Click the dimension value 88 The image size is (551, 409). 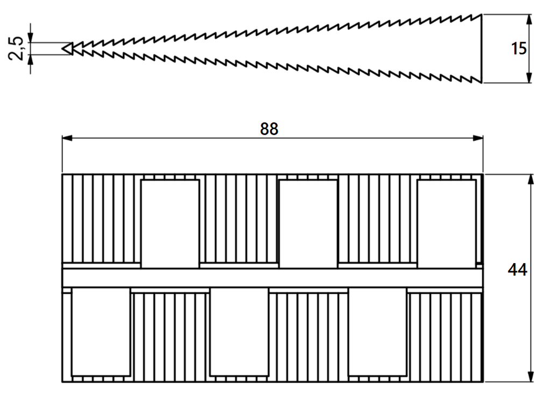[269, 129]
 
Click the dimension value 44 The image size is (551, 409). [517, 270]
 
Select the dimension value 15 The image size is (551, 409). [519, 48]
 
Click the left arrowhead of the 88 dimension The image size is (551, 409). [67, 138]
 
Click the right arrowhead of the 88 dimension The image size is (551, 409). [478, 138]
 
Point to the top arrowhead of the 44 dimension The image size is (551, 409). [531, 179]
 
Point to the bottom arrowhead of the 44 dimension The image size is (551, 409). [531, 376]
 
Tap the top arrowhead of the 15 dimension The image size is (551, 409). [529, 20]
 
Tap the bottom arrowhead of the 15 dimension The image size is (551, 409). [529, 77]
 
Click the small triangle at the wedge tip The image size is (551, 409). [68, 48]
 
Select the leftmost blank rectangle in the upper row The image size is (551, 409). [170, 224]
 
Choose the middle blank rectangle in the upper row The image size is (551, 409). [308, 224]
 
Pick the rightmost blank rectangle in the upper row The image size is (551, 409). [447, 224]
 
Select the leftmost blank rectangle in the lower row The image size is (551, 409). [101, 332]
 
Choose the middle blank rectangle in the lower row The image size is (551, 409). [239, 332]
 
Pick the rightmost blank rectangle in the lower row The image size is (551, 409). [378, 332]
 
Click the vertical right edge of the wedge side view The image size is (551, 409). [482, 48]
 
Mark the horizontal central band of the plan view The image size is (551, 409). [273, 278]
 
